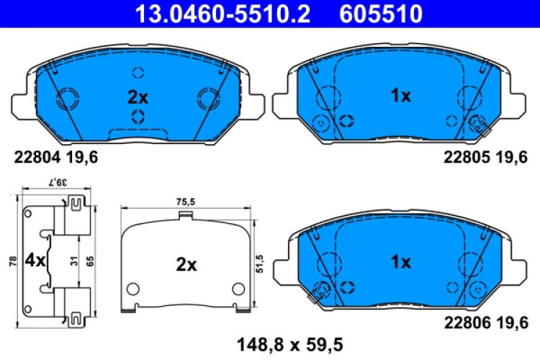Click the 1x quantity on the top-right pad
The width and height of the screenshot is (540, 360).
point(400,96)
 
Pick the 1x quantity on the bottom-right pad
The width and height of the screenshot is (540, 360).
point(400,262)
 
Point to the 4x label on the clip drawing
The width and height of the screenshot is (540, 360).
point(34,260)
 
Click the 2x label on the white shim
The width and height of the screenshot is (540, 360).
point(186,265)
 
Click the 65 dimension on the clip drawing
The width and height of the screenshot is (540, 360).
point(91,261)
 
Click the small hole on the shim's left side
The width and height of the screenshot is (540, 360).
point(133,289)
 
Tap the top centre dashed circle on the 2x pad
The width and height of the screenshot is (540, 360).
point(138,73)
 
